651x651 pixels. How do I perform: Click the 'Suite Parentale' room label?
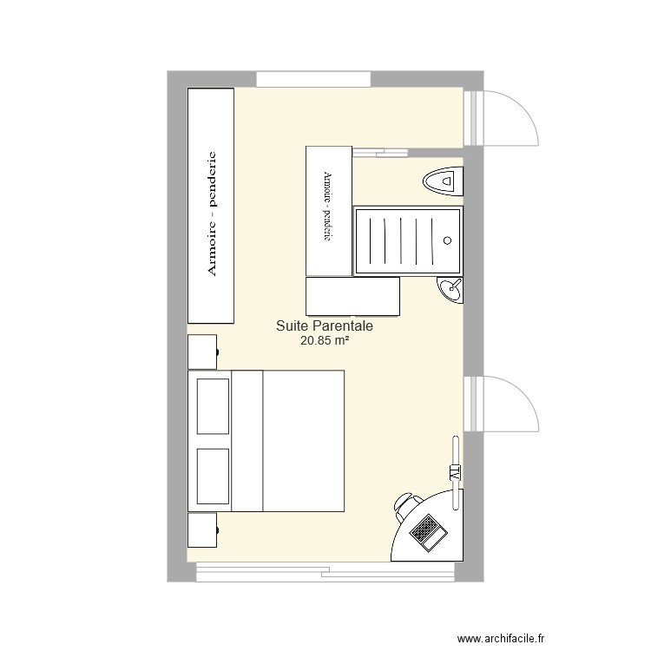[x=324, y=326]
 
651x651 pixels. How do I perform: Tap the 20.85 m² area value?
[x=324, y=342]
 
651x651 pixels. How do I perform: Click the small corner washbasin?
[x=451, y=290]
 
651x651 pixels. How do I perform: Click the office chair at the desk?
[x=405, y=503]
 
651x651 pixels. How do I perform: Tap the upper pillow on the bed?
[x=213, y=405]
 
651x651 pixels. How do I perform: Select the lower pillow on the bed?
[x=213, y=475]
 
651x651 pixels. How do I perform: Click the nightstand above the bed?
[x=202, y=352]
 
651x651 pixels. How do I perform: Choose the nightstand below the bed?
[x=202, y=529]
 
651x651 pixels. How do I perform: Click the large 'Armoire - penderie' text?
[x=211, y=214]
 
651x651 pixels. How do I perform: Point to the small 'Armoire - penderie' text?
[x=327, y=207]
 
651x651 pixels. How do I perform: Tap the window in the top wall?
[x=314, y=79]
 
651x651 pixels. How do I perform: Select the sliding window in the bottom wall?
[x=325, y=572]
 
